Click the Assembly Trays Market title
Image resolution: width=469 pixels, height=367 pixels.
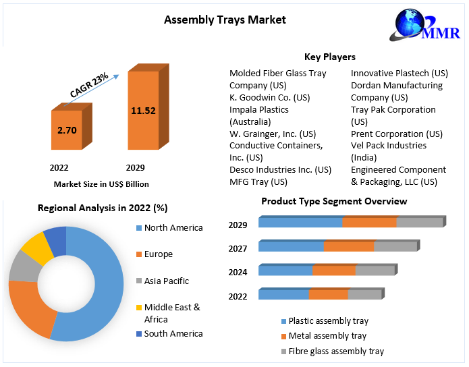[x=225, y=20]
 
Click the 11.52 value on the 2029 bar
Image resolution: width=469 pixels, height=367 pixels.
[x=143, y=109]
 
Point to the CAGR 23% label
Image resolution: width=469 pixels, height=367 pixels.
[x=89, y=86]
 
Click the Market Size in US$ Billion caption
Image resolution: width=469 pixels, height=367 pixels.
[x=101, y=183]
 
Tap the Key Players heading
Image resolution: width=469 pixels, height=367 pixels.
[x=330, y=57]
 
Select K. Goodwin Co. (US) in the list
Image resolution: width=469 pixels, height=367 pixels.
[x=269, y=97]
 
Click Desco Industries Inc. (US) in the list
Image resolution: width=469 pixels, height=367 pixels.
[x=280, y=169]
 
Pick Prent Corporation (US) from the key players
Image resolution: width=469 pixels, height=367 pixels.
[x=397, y=134]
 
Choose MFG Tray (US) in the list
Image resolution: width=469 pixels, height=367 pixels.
[x=258, y=181]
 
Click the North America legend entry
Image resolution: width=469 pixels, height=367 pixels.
[x=173, y=227]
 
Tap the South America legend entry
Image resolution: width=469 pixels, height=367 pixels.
[x=173, y=333]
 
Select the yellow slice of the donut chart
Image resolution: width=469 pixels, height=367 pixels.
[x=38, y=248]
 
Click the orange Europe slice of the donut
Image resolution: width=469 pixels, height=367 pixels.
[x=31, y=307]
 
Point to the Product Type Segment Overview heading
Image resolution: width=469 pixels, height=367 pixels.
[x=334, y=201]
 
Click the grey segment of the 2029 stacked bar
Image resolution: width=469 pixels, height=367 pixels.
[x=419, y=223]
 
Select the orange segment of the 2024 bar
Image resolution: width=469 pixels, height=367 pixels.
[x=334, y=271]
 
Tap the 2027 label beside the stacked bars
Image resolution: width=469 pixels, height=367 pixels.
[x=238, y=248]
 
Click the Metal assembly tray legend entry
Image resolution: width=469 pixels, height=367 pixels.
[x=327, y=336]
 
